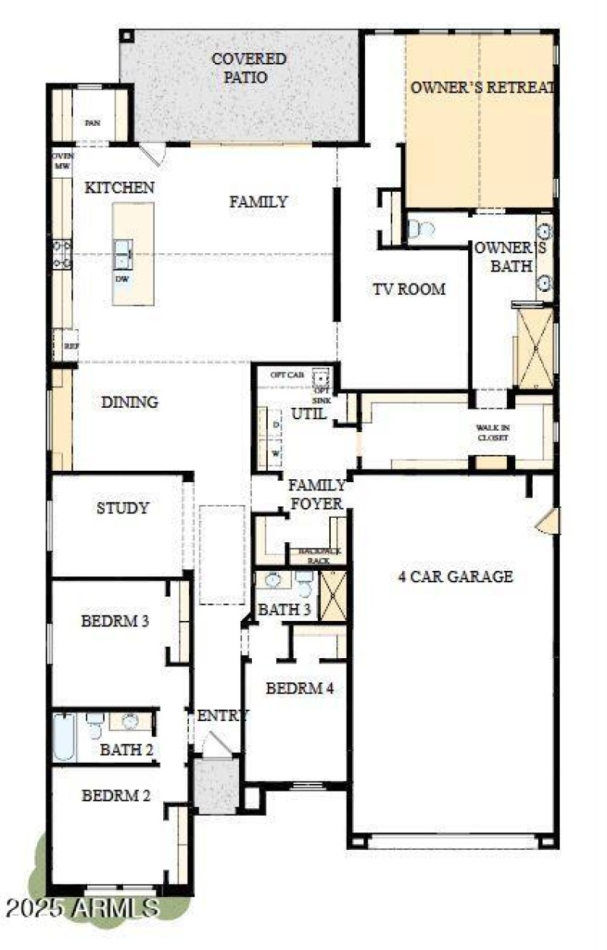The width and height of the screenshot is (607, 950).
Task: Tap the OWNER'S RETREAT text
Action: point(482,88)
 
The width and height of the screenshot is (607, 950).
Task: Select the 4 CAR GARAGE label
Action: point(455,576)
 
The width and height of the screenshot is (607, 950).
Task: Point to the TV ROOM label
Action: point(408,289)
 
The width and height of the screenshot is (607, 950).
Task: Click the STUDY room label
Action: point(122,508)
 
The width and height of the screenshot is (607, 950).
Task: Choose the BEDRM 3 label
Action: point(115,621)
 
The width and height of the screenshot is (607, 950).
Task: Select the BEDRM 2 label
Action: point(115,796)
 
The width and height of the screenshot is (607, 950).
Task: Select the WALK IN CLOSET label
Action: point(492,433)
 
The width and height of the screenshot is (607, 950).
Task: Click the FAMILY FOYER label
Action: point(316,494)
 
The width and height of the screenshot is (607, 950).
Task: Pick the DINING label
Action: point(130,403)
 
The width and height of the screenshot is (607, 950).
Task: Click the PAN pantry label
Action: point(92,122)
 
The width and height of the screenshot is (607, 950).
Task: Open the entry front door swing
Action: point(217,745)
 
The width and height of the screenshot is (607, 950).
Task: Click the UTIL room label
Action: point(310,414)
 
